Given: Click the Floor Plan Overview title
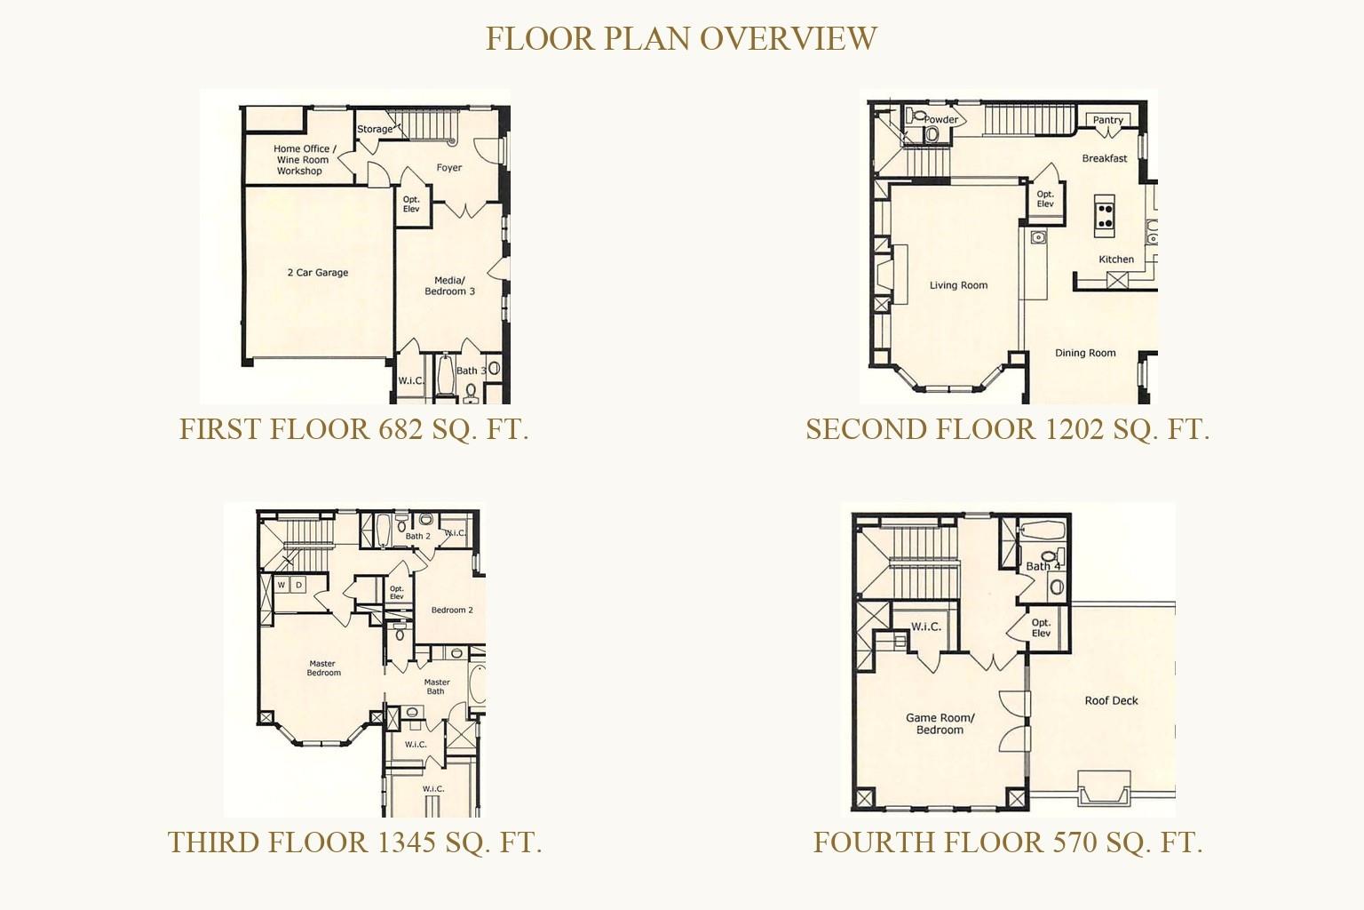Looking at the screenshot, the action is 681,39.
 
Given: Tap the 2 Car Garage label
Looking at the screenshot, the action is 318,273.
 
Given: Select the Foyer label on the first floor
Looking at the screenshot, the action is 449,168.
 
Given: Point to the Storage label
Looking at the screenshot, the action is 375,129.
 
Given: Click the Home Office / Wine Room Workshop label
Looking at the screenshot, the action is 301,160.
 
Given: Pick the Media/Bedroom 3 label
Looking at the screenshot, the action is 449,286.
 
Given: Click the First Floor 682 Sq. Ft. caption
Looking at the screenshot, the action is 353,429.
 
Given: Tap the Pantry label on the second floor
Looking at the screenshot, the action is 1107,120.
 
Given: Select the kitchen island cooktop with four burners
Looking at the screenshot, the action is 1104,215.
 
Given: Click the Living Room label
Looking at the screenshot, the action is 958,285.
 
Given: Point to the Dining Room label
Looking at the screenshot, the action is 1085,353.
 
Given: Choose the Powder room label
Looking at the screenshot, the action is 941,119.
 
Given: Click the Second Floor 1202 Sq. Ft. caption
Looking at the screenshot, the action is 1008,429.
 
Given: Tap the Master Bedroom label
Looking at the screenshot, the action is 323,668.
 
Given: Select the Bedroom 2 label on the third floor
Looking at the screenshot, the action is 452,611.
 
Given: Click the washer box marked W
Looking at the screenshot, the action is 282,585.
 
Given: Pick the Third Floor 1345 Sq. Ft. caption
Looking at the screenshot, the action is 354,842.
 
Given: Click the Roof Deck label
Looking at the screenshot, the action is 1111,701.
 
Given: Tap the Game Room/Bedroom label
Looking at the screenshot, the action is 940,724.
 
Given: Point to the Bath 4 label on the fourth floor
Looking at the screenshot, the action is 1043,566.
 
